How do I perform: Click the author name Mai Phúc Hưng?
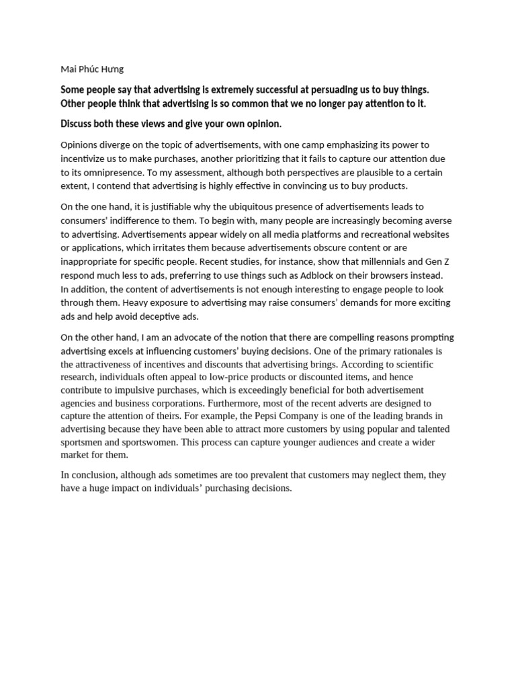point(92,69)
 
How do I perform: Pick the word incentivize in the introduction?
point(85,159)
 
